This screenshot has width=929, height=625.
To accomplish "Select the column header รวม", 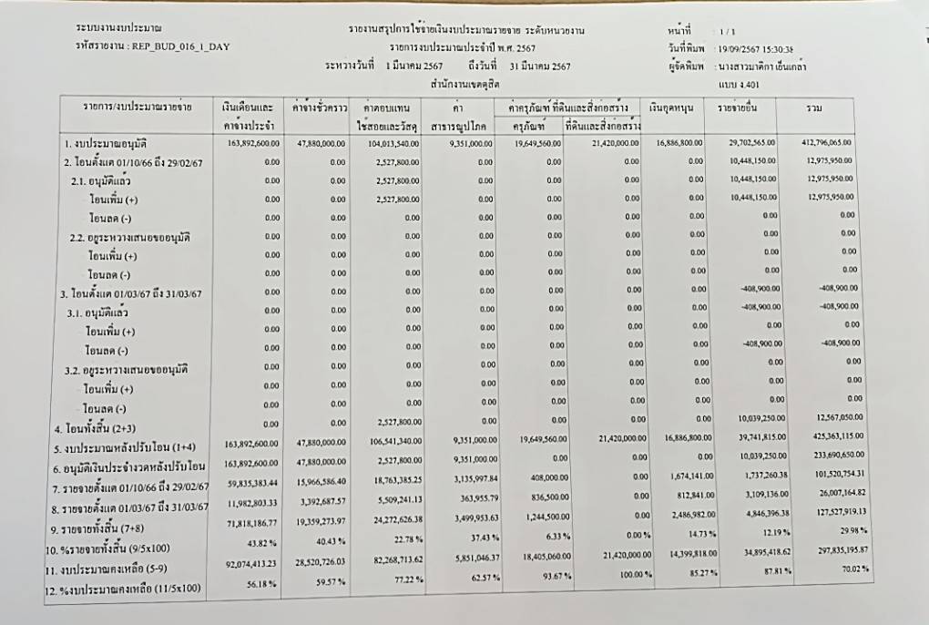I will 813,109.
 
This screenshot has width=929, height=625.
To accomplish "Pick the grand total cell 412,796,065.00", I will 826,144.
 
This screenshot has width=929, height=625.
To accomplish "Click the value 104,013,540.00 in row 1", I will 393,144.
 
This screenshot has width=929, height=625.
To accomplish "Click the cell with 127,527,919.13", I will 836,513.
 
